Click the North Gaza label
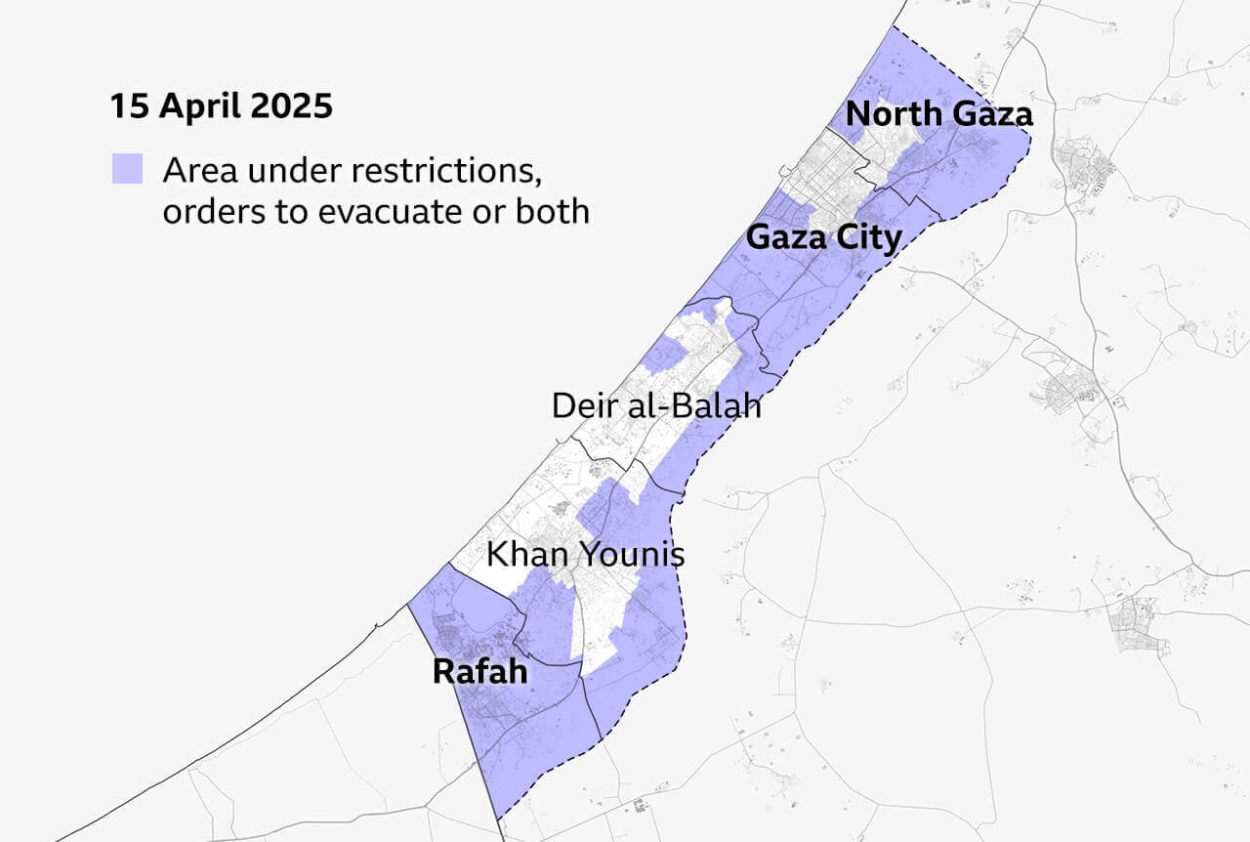(938, 114)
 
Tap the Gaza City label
(823, 236)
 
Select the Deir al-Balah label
(655, 405)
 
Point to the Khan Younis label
(585, 555)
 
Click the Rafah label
(479, 672)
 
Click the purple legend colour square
(127, 169)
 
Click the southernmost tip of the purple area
(496, 818)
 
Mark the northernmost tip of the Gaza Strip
(892, 26)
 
